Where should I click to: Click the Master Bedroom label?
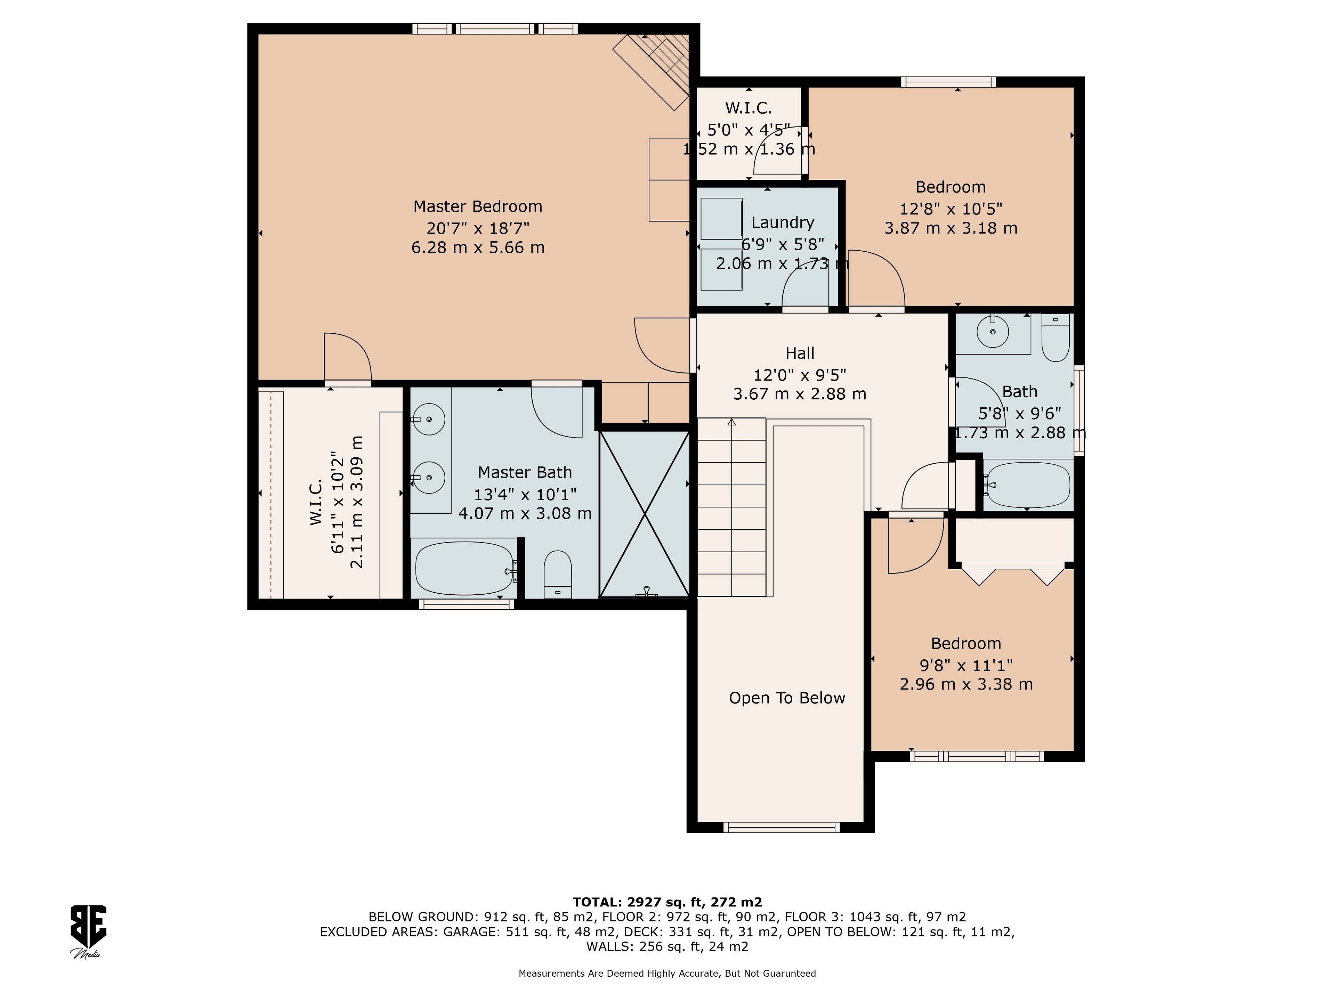pyautogui.click(x=477, y=207)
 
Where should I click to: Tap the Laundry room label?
pyautogui.click(x=783, y=223)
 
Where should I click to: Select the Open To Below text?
pyautogui.click(x=787, y=698)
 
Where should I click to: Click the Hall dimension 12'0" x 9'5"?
pyautogui.click(x=800, y=375)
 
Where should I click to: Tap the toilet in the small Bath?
pyautogui.click(x=1055, y=338)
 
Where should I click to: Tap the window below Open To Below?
pyautogui.click(x=782, y=827)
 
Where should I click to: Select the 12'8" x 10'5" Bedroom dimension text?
pyautogui.click(x=951, y=209)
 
